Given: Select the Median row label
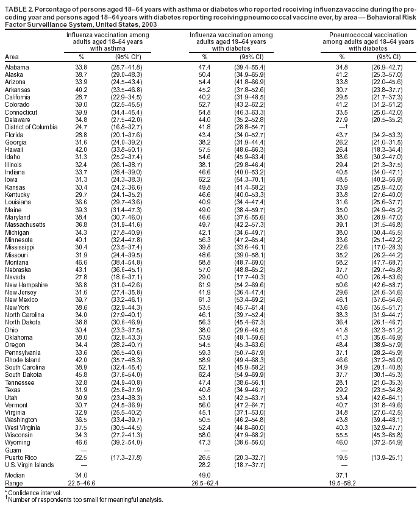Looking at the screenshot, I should [15, 473].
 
